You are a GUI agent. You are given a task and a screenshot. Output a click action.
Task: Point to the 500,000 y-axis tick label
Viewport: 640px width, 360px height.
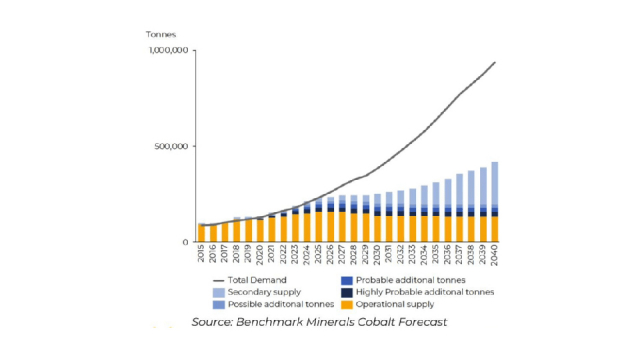tap(172, 146)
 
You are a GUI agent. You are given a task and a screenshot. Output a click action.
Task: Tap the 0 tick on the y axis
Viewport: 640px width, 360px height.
tap(185, 242)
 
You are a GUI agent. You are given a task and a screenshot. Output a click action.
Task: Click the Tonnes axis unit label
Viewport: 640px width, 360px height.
tap(161, 34)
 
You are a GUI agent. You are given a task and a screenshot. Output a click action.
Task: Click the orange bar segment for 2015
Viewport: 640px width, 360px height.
tap(201, 233)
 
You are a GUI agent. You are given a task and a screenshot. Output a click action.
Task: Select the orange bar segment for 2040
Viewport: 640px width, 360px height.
tap(494, 229)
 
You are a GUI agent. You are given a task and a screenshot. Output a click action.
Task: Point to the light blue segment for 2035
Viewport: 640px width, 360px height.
tap(436, 194)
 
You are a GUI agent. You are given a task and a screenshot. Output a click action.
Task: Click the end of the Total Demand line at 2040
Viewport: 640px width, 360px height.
tap(494, 62)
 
